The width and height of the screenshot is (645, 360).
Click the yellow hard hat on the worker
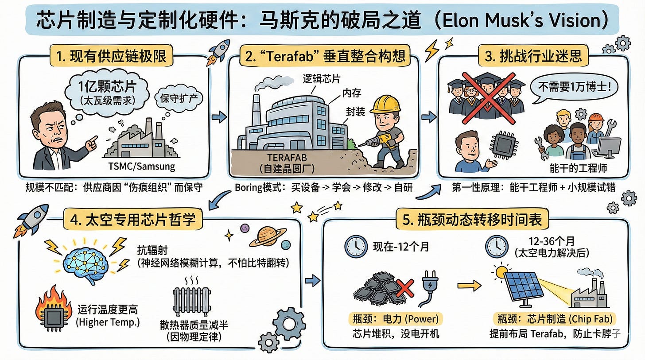click(385, 105)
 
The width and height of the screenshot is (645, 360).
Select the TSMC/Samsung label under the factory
click(141, 166)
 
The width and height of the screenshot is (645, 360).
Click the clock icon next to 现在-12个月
click(356, 247)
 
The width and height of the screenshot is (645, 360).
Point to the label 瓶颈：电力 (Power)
click(396, 319)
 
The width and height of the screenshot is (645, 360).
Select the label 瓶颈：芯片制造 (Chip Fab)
click(556, 319)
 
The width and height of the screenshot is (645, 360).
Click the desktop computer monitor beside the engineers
click(609, 146)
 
